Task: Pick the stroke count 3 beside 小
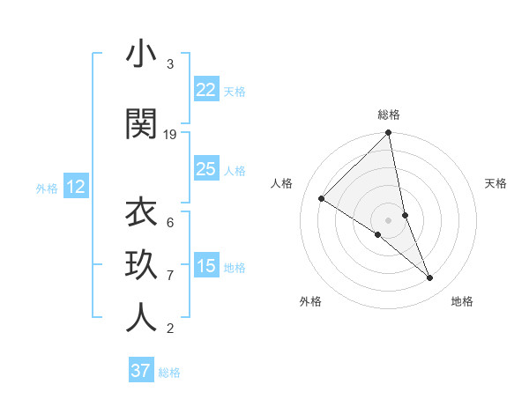click(x=170, y=64)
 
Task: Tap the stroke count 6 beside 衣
click(x=170, y=222)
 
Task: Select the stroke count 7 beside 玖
click(x=170, y=276)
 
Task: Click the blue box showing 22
click(x=206, y=90)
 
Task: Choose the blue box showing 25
click(x=206, y=169)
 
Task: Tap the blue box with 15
click(x=206, y=266)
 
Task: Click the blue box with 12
click(x=76, y=187)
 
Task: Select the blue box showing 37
click(x=141, y=371)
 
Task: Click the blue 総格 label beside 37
click(x=169, y=373)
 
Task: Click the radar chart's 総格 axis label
click(x=389, y=115)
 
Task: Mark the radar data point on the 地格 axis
click(x=430, y=278)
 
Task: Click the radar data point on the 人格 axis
click(x=322, y=198)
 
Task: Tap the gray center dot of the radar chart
click(x=388, y=218)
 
